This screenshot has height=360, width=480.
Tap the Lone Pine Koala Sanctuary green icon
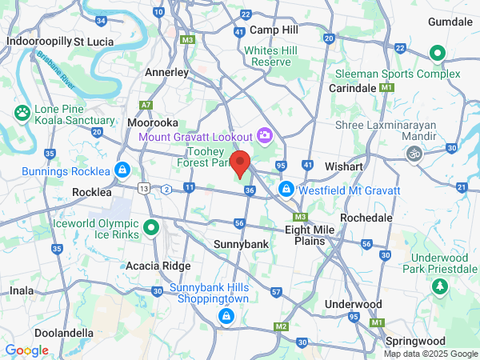pos(22,114)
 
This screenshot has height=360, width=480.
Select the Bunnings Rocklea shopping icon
pos(122,170)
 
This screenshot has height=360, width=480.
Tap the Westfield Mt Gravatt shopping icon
pos(286,190)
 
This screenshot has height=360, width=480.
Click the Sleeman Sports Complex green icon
pos(437,54)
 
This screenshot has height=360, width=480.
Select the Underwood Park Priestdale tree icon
pos(438,286)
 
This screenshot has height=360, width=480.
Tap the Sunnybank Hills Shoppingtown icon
pos(226,318)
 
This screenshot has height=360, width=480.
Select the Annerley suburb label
pos(166,72)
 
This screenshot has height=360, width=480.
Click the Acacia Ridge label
pos(158,266)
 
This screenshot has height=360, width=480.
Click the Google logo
pos(26,350)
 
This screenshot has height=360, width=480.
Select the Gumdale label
pos(450,22)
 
